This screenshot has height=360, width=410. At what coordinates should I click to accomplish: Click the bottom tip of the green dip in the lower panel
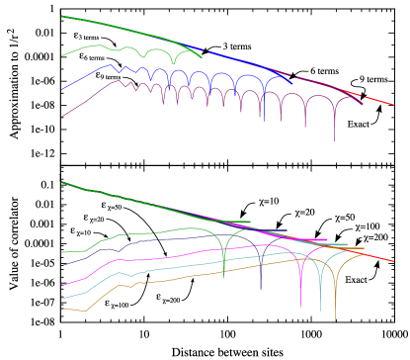click(x=224, y=278)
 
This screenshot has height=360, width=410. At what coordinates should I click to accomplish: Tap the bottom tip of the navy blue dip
click(x=261, y=290)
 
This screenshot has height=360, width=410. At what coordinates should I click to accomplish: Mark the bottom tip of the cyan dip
click(x=320, y=312)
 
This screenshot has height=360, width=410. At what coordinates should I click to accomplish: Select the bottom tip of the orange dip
click(x=335, y=321)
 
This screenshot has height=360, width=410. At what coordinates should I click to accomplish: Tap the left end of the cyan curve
click(x=62, y=299)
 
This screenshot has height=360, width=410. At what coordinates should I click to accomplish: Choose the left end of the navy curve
click(x=62, y=265)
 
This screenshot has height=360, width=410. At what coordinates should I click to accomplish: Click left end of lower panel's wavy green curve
click(x=62, y=252)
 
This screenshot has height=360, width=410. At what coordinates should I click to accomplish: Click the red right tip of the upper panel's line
click(x=394, y=105)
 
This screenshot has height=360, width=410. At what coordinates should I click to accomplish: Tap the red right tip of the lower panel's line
click(x=394, y=262)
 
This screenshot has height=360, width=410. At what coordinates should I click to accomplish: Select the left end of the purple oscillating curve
click(x=62, y=117)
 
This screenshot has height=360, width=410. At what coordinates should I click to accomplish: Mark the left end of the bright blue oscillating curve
click(x=62, y=90)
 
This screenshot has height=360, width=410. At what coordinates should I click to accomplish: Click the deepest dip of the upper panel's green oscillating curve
click(x=175, y=65)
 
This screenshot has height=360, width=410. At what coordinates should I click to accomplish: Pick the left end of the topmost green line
click(x=62, y=16)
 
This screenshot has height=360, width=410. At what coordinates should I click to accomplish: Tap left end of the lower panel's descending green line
click(x=62, y=182)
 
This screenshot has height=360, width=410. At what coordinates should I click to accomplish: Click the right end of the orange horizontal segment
click(x=364, y=248)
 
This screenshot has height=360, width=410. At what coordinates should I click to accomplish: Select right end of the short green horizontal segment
click(x=251, y=223)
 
